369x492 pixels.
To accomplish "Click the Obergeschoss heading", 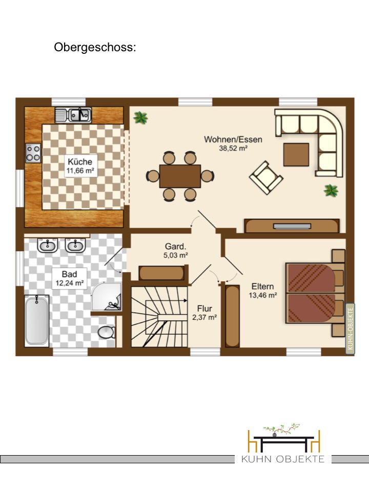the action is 95,47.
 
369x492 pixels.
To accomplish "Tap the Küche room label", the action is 80,162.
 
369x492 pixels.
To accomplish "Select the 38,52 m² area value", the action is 233,149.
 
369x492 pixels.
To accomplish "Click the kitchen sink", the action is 73,115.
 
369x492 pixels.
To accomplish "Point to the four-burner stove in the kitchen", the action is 33,153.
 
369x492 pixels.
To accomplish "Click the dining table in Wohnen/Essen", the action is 180,176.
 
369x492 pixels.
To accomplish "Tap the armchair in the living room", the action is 266,178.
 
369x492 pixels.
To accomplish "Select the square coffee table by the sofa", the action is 296,155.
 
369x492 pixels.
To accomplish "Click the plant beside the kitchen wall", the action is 140,118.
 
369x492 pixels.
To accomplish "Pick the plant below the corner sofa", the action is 331,190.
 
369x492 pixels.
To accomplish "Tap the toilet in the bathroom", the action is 107,332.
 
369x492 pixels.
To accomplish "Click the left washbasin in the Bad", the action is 47,245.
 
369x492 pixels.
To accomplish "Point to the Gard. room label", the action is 175,247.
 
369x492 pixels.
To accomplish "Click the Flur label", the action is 204,309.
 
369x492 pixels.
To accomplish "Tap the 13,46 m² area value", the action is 263,295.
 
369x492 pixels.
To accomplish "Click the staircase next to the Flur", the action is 159,317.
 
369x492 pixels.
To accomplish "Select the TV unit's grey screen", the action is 292,226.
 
